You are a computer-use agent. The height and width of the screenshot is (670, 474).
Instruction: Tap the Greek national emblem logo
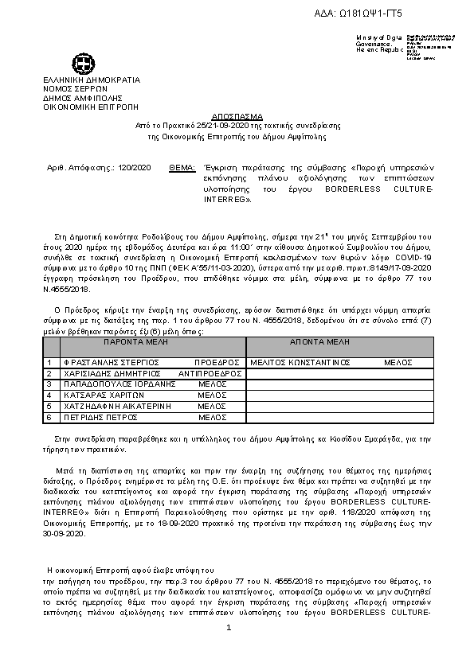[x=82, y=63]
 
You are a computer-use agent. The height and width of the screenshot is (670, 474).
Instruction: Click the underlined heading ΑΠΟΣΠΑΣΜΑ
[x=237, y=116]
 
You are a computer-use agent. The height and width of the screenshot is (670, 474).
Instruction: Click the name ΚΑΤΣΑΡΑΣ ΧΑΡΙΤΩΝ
[x=101, y=395]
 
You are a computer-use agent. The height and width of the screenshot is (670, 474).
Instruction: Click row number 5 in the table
[x=49, y=406]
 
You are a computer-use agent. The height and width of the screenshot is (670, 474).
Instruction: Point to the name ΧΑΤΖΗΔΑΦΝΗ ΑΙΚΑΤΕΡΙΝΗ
[x=116, y=406]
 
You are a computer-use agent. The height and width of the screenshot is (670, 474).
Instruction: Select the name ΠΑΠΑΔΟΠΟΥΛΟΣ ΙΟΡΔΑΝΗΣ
[x=119, y=384]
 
